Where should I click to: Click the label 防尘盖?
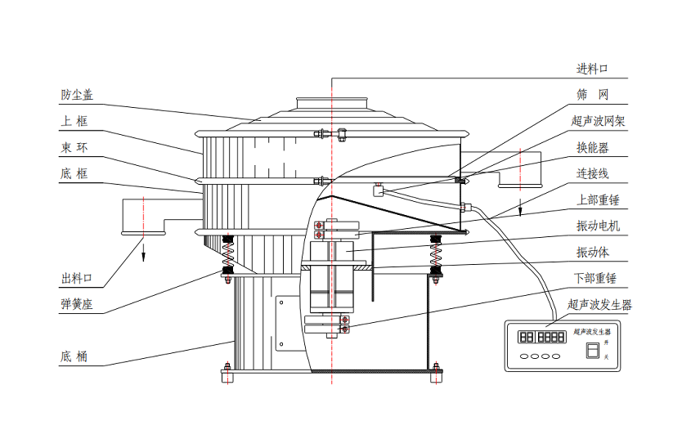point(77,95)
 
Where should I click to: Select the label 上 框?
point(74,121)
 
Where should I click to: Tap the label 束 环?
point(74,147)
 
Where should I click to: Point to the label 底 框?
point(74,173)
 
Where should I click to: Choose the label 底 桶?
point(74,356)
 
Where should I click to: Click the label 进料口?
point(592,69)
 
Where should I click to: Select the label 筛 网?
point(592,95)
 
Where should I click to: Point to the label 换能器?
point(592,148)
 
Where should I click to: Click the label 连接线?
point(592,174)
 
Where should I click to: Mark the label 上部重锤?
point(598,199)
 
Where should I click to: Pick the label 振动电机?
point(598,226)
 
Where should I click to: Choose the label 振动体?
point(592,252)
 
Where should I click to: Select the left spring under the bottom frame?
point(228,252)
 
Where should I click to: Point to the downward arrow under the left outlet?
point(143,251)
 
